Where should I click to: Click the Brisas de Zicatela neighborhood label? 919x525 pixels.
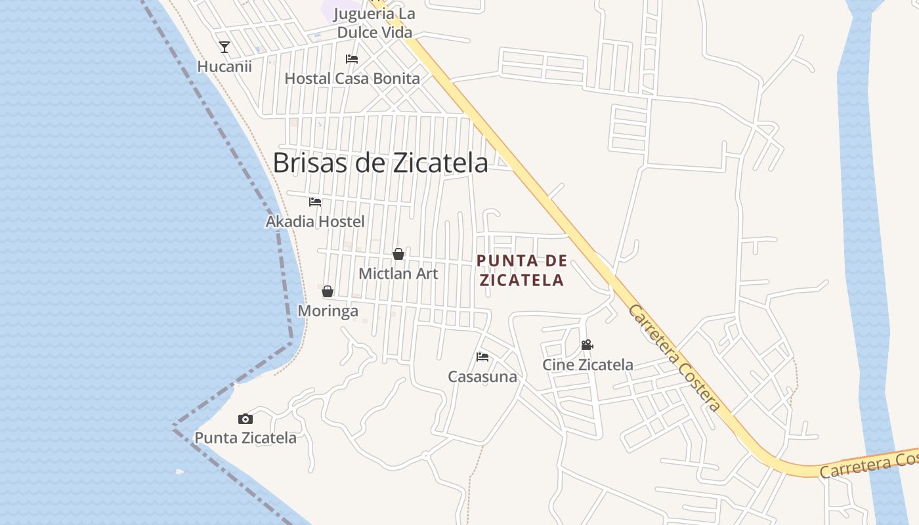pos(380,163)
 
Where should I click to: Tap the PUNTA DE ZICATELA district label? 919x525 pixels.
pos(522,270)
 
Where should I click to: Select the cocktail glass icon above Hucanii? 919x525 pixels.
pos(224,47)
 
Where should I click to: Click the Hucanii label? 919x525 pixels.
pos(224,66)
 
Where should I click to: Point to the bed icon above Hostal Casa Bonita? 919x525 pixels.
pos(352,59)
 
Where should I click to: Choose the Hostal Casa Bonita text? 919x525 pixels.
pos(352,79)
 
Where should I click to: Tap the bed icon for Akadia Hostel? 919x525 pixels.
pos(315,202)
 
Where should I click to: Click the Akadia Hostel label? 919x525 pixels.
pos(315,222)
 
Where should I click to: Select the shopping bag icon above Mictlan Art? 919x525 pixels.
pos(398,254)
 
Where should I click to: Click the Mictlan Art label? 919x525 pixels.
pos(398,273)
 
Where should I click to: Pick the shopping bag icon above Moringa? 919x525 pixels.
pos(328,291)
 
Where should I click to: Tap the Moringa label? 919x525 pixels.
pos(328,310)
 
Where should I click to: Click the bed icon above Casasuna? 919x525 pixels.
pos(482,357)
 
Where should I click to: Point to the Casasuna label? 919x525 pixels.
pos(482,377)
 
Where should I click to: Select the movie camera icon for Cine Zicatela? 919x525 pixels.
pos(587,345)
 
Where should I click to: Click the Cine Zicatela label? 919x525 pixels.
pos(588,365)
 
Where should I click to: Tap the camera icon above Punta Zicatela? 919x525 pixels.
pos(246,419)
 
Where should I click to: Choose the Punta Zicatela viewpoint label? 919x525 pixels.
pos(246,438)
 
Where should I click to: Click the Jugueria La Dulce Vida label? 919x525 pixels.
pos(375,23)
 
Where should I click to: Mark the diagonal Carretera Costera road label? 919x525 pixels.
pos(674,357)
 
